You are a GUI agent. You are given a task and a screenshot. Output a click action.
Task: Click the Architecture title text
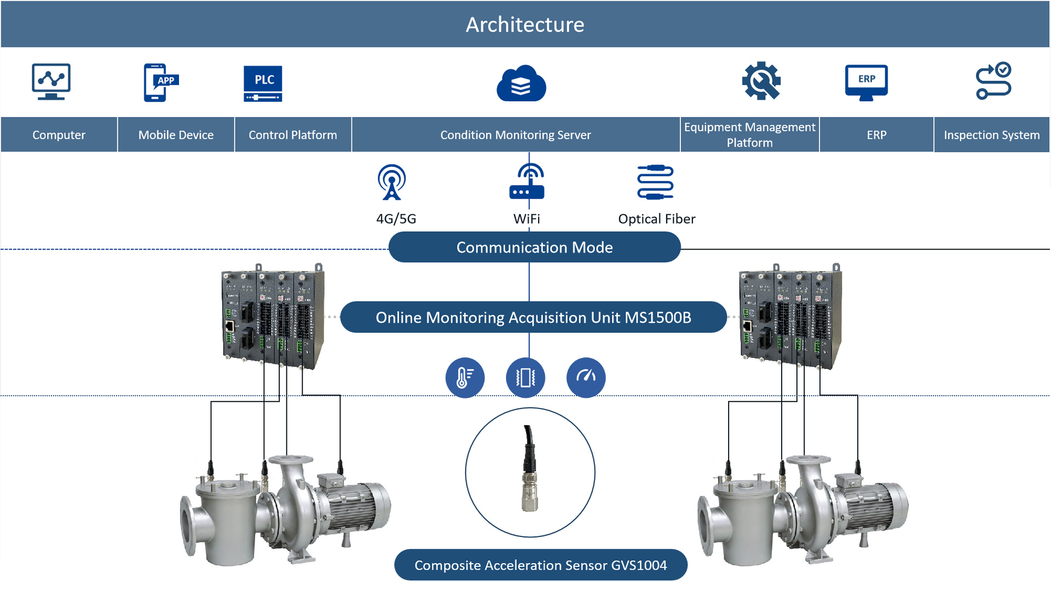pyautogui.click(x=525, y=25)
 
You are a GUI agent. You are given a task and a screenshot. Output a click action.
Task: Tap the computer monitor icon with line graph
pyautogui.click(x=51, y=82)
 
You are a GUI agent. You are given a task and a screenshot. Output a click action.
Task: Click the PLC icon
pyautogui.click(x=263, y=83)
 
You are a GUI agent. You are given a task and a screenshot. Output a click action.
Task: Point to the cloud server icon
pyautogui.click(x=521, y=84)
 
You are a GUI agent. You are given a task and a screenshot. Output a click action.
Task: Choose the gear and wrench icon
pyautogui.click(x=761, y=82)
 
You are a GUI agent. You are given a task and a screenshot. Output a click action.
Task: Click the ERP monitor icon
pyautogui.click(x=866, y=82)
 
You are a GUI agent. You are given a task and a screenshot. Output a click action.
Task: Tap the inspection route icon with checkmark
pyautogui.click(x=993, y=81)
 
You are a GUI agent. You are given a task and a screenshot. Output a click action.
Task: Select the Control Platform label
pyautogui.click(x=293, y=135)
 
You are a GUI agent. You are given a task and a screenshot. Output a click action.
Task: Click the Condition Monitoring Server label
pyautogui.click(x=516, y=135)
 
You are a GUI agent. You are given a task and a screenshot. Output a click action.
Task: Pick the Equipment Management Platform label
pyautogui.click(x=749, y=135)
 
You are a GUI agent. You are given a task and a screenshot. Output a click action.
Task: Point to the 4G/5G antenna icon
pyautogui.click(x=392, y=182)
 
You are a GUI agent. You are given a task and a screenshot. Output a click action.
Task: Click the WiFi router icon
pyautogui.click(x=527, y=182)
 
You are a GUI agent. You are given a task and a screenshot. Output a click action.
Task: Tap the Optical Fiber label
pyautogui.click(x=656, y=219)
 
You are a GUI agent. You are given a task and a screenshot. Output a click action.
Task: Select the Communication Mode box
pyautogui.click(x=534, y=247)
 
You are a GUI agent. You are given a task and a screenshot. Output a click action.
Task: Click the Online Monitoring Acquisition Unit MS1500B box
pyautogui.click(x=533, y=317)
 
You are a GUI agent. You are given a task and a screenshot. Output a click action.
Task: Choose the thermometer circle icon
pyautogui.click(x=465, y=378)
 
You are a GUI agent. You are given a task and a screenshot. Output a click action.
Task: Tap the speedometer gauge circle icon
pyautogui.click(x=586, y=378)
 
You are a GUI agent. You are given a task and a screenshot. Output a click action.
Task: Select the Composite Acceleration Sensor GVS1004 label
pyautogui.click(x=540, y=565)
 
